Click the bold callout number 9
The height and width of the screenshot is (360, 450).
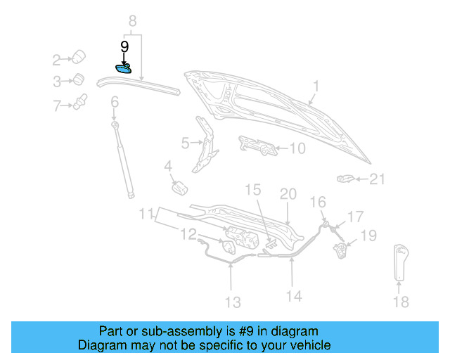pos(124,47)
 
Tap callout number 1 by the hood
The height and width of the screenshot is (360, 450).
pos(316,87)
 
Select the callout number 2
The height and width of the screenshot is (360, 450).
pos(56,59)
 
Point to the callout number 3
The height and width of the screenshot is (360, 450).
pos(56,82)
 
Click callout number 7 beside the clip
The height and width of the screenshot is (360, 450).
pos(56,106)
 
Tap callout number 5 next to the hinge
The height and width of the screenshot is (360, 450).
pos(185,143)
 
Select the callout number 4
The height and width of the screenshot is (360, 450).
pos(168,167)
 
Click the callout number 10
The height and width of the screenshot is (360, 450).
pos(297,148)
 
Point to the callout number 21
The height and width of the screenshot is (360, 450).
pos(378,180)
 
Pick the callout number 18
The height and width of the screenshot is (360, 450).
pos(400,302)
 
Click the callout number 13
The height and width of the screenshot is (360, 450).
pos(232,302)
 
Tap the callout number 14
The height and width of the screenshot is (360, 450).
pos(294,296)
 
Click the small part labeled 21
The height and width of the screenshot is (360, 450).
pos(345,179)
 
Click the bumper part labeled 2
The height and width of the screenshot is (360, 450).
pos(79,56)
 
